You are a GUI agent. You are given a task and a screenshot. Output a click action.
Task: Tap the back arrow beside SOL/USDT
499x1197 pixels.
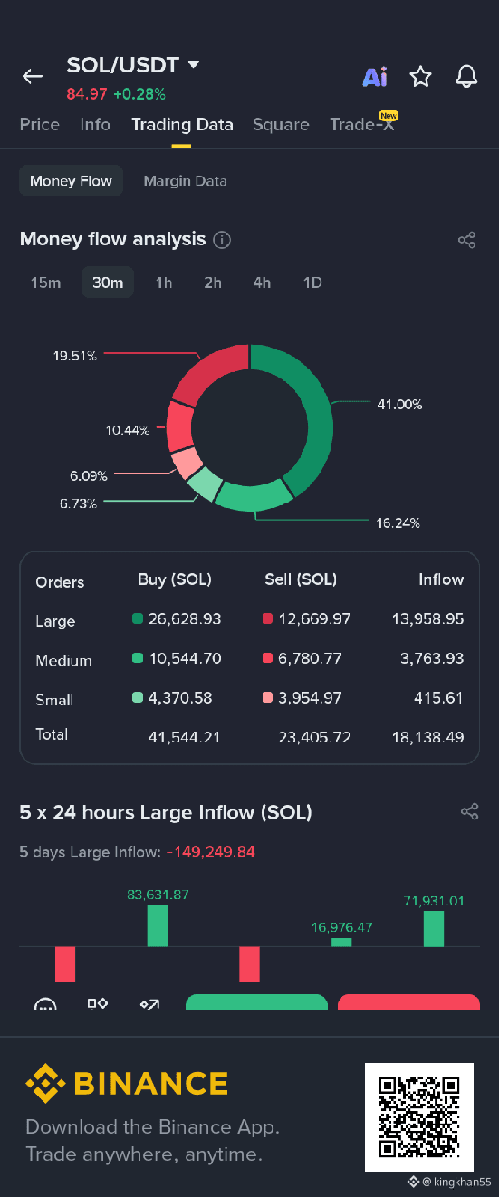pos(32,76)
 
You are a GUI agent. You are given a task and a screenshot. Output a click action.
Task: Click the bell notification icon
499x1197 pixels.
pos(466,76)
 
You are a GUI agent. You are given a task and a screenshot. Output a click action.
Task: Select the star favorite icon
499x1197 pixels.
pos(420,76)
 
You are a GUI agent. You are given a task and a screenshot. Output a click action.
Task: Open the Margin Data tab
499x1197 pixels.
pos(186,181)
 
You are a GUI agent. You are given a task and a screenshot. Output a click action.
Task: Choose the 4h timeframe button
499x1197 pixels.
pos(262,282)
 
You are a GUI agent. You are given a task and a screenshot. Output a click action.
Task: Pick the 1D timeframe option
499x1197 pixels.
pos(312,282)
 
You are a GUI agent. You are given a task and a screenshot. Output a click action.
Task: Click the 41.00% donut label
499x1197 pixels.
pos(399,405)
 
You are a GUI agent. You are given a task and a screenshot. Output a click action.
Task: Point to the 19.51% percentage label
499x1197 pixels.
pos(75,356)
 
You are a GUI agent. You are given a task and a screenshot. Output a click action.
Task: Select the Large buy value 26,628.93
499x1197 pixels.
pos(185,618)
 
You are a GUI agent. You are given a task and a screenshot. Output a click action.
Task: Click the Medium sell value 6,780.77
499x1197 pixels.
pos(310,658)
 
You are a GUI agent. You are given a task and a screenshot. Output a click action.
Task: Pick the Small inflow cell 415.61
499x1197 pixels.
pos(438,698)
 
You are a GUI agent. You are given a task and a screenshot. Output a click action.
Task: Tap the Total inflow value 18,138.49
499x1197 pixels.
pos(428,737)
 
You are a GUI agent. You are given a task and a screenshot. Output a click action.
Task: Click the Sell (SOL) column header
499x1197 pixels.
pos(301,579)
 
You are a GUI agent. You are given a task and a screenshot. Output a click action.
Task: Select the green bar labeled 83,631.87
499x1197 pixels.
pos(157,925)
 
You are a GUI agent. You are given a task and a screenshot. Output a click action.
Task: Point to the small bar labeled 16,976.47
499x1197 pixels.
pos(341,942)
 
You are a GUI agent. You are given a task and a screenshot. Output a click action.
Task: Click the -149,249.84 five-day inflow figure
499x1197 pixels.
pos(210,852)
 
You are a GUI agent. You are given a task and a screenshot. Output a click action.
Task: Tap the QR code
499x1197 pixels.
pos(419,1116)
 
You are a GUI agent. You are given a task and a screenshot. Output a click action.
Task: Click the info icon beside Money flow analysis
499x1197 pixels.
pos(222,240)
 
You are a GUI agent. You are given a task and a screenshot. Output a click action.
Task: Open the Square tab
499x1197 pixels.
pos(281,125)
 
